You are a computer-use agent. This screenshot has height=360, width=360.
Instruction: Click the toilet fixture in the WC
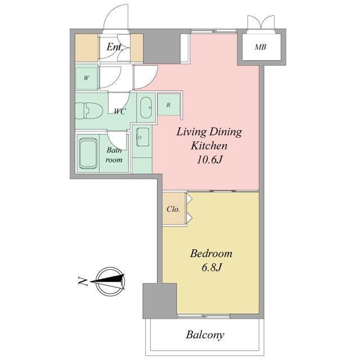(x=88, y=111)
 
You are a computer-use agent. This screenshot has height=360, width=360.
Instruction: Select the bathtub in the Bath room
(x=88, y=154)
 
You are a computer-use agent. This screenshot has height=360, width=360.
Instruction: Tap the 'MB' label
(x=260, y=47)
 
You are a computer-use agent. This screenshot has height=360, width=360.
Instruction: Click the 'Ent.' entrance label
(x=114, y=47)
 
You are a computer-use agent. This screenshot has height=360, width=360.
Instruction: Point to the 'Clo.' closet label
(x=173, y=209)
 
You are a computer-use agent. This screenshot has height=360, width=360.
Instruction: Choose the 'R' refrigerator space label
(x=169, y=105)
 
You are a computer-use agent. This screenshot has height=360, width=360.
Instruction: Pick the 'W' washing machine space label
(x=86, y=78)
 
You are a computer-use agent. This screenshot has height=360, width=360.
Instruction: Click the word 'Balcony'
(x=205, y=335)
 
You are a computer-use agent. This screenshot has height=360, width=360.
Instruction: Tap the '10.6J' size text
(x=210, y=160)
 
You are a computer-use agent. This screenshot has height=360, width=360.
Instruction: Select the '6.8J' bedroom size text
(x=211, y=268)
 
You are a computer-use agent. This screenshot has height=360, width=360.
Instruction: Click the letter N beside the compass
(x=83, y=281)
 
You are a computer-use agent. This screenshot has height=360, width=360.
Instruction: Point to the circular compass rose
(x=111, y=282)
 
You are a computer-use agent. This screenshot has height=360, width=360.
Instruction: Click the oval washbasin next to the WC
(x=146, y=107)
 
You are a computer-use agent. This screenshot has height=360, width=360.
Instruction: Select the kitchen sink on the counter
(x=142, y=137)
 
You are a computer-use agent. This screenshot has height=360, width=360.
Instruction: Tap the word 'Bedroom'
(x=211, y=254)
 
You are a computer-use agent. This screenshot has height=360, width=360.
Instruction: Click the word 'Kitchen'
(x=209, y=146)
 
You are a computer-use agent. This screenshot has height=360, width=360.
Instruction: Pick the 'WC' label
(x=120, y=111)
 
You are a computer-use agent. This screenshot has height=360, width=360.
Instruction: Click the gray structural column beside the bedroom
(x=160, y=301)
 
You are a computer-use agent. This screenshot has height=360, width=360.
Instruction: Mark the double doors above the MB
(x=261, y=22)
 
